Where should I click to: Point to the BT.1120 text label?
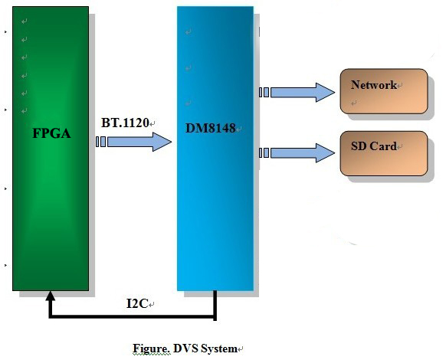(125, 123)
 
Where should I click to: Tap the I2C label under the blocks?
(138, 304)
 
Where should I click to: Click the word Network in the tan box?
(373, 85)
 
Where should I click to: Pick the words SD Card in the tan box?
(373, 146)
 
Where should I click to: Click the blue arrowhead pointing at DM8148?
(162, 142)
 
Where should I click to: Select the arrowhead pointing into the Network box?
(326, 93)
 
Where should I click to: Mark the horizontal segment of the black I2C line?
(130, 316)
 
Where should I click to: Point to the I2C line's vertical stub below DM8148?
(215, 304)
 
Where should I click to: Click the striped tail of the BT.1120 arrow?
(101, 142)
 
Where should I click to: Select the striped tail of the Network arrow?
(264, 93)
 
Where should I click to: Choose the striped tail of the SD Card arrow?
(264, 153)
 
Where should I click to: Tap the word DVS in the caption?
(182, 349)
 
